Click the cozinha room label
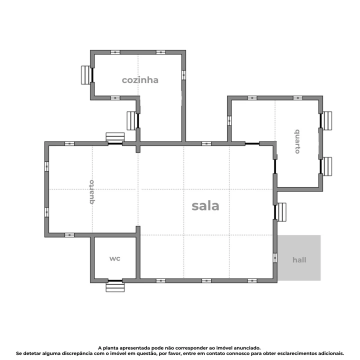pyautogui.click(x=140, y=80)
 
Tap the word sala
pyautogui.click(x=205, y=206)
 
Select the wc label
pyautogui.click(x=115, y=258)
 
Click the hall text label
pyautogui.click(x=299, y=260)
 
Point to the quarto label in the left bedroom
pyautogui.click(x=91, y=192)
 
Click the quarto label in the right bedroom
pyautogui.click(x=297, y=141)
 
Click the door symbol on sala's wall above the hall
pyautogui.click(x=281, y=212)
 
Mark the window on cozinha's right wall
pyautogui.click(x=183, y=75)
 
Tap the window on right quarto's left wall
pyautogui.click(x=229, y=120)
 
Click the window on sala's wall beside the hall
pyautogui.click(x=275, y=258)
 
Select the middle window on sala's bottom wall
pyautogui.click(x=206, y=280)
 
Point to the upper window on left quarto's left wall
pyautogui.click(x=46, y=166)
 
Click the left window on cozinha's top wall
pyautogui.click(x=115, y=52)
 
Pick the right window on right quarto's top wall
pyautogui.click(x=297, y=98)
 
